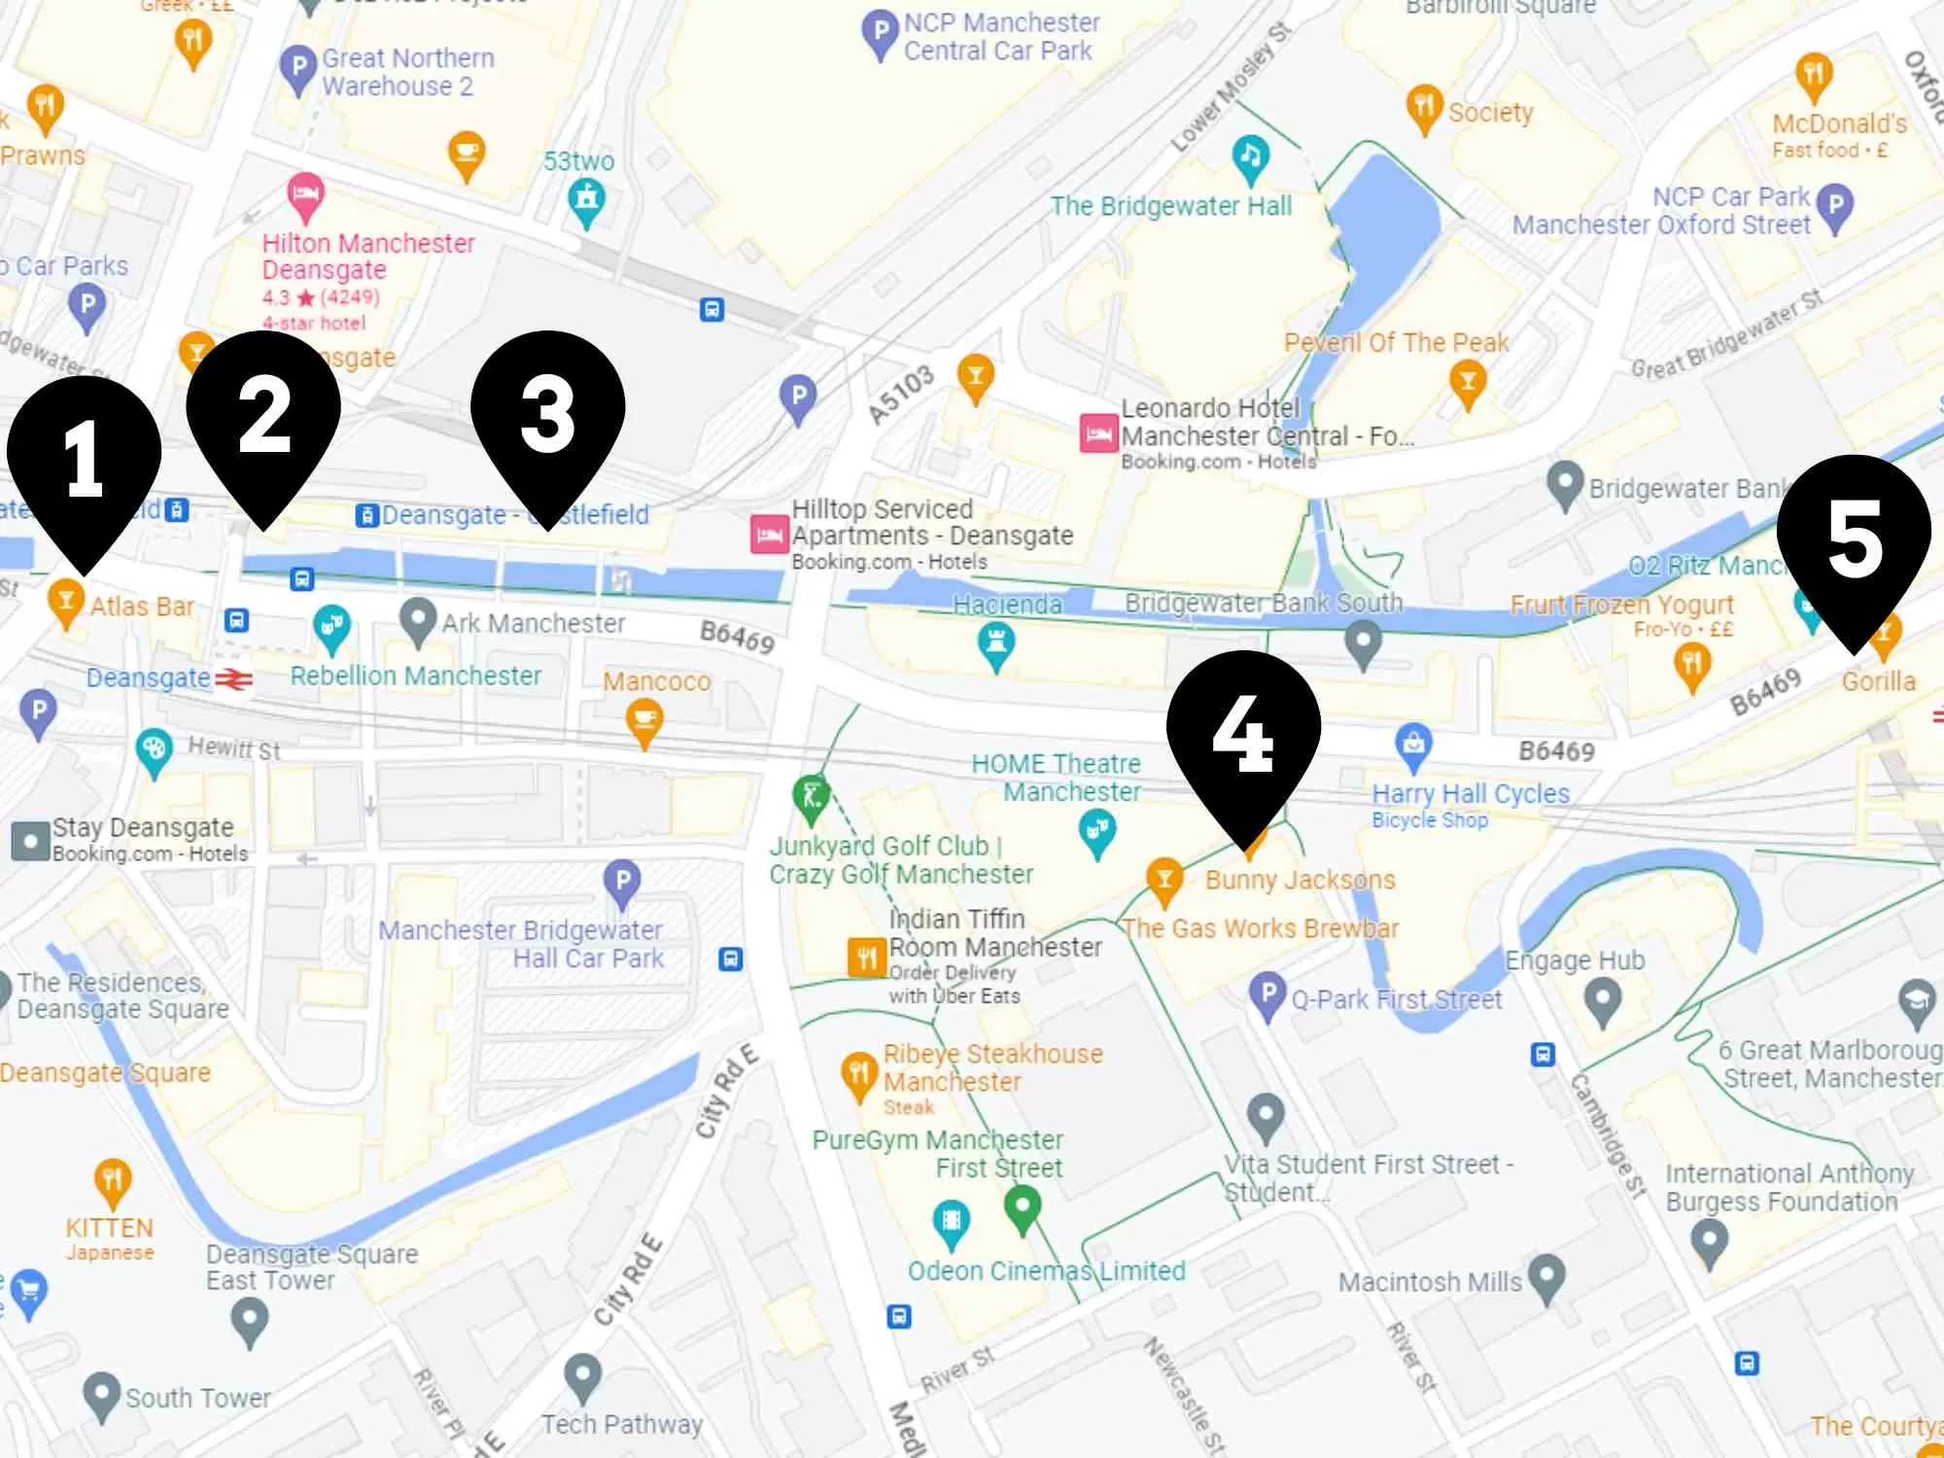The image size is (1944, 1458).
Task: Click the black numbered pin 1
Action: click(x=85, y=462)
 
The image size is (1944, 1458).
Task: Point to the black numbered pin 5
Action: click(x=1854, y=540)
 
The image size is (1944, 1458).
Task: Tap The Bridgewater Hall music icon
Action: click(x=1251, y=156)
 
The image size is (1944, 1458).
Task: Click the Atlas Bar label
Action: click(x=142, y=607)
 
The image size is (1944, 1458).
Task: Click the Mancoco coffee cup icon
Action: click(x=643, y=722)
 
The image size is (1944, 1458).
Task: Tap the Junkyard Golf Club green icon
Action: click(x=811, y=796)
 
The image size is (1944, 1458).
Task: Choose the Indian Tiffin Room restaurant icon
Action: click(x=865, y=956)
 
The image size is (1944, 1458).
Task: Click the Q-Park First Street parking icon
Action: click(x=1267, y=995)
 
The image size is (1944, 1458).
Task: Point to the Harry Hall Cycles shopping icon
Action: click(x=1413, y=746)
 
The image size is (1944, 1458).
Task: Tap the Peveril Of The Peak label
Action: click(x=1396, y=342)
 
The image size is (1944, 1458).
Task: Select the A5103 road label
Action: click(x=900, y=396)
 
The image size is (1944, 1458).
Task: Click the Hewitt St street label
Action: click(x=234, y=748)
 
